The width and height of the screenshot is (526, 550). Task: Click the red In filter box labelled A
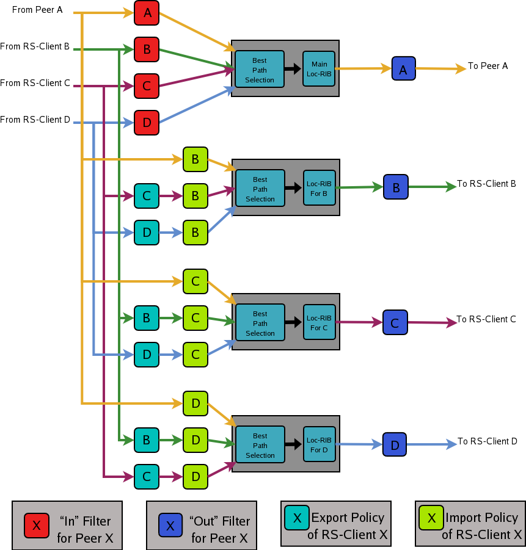point(147,13)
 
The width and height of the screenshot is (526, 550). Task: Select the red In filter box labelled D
point(147,123)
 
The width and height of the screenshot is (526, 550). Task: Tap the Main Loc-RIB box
point(319,68)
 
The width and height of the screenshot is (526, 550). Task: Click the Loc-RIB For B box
point(319,188)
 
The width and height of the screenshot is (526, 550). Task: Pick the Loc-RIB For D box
point(319,444)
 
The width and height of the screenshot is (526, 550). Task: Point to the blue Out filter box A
point(403,69)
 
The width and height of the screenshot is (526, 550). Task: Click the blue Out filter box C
point(395,322)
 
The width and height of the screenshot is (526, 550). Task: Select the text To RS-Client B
point(487,184)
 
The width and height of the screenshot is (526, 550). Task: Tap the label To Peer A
point(488,66)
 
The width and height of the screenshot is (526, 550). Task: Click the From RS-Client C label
point(35,84)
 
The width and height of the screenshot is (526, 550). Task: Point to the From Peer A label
point(37,10)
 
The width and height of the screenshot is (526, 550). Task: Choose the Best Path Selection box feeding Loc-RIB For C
point(260,324)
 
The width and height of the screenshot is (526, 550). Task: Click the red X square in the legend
point(37,525)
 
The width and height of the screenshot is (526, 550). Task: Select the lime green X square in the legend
point(431,518)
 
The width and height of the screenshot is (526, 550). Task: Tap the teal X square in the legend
point(297,518)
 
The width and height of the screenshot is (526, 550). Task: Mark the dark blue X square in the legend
point(170,525)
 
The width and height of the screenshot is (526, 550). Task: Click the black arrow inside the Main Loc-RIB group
point(293,68)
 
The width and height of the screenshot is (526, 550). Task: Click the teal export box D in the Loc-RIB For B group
point(147,233)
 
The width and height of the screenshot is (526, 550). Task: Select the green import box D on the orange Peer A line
point(195,403)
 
